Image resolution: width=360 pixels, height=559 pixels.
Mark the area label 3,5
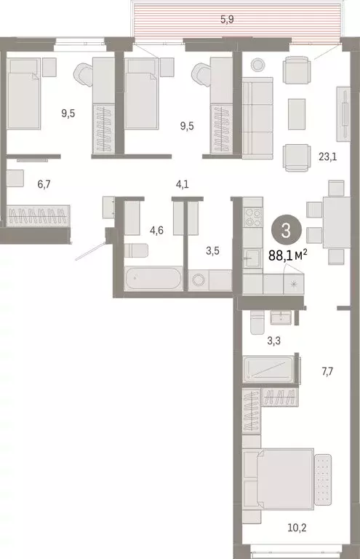(x=213, y=253)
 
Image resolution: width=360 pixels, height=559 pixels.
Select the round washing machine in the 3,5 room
(x=199, y=280)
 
